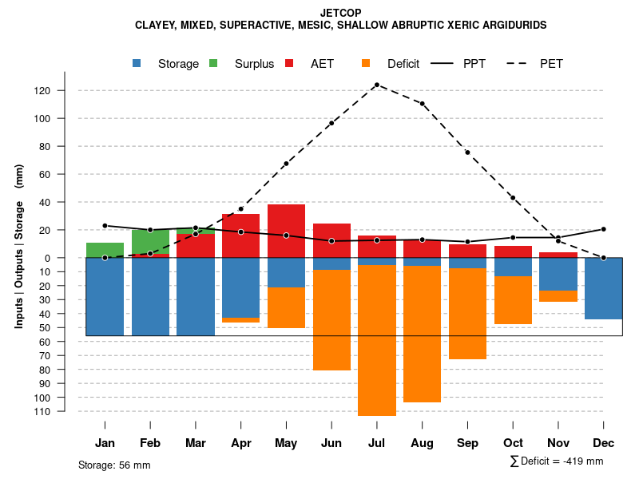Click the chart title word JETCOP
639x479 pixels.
click(x=340, y=14)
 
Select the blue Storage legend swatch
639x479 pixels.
click(x=138, y=63)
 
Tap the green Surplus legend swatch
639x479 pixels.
click(x=213, y=63)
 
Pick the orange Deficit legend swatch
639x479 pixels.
click(x=366, y=63)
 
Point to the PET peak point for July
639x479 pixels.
click(x=376, y=85)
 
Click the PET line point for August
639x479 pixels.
click(x=422, y=104)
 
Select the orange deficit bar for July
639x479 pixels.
click(x=377, y=340)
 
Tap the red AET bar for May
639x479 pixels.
click(x=286, y=231)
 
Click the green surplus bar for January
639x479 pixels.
click(x=105, y=250)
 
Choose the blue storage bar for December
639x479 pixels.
click(x=604, y=288)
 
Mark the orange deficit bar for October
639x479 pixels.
click(x=513, y=300)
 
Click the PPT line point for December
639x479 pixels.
click(x=604, y=229)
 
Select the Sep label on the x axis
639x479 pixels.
click(x=467, y=443)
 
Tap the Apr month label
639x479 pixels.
click(x=241, y=443)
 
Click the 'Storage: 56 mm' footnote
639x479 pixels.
click(x=114, y=465)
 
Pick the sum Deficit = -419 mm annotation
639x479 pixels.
click(x=556, y=461)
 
